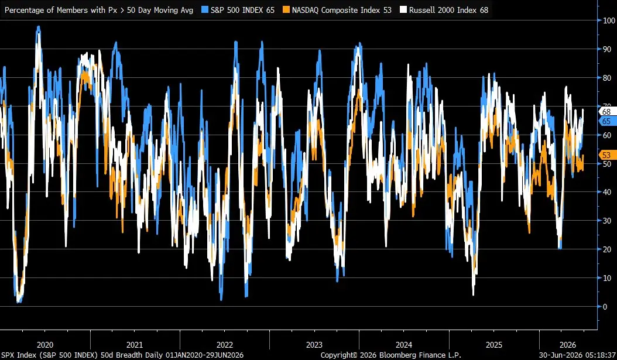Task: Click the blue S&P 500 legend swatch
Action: pyautogui.click(x=205, y=10)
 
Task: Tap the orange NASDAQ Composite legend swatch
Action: pyautogui.click(x=286, y=10)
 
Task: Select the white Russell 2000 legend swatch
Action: pyautogui.click(x=403, y=10)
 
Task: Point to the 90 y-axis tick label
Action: pyautogui.click(x=608, y=49)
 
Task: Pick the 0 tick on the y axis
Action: pyautogui.click(x=605, y=307)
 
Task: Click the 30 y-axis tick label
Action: pyautogui.click(x=608, y=221)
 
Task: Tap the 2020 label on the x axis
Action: pyautogui.click(x=45, y=345)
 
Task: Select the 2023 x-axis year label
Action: pyautogui.click(x=314, y=345)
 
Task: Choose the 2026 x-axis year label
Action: pyautogui.click(x=568, y=345)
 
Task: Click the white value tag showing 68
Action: pyautogui.click(x=607, y=112)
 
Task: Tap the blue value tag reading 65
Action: pyautogui.click(x=607, y=122)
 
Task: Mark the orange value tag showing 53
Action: pyautogui.click(x=607, y=155)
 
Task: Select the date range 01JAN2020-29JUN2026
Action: pyautogui.click(x=205, y=355)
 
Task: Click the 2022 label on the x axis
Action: pyautogui.click(x=225, y=345)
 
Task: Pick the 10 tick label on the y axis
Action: pyautogui.click(x=608, y=278)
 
